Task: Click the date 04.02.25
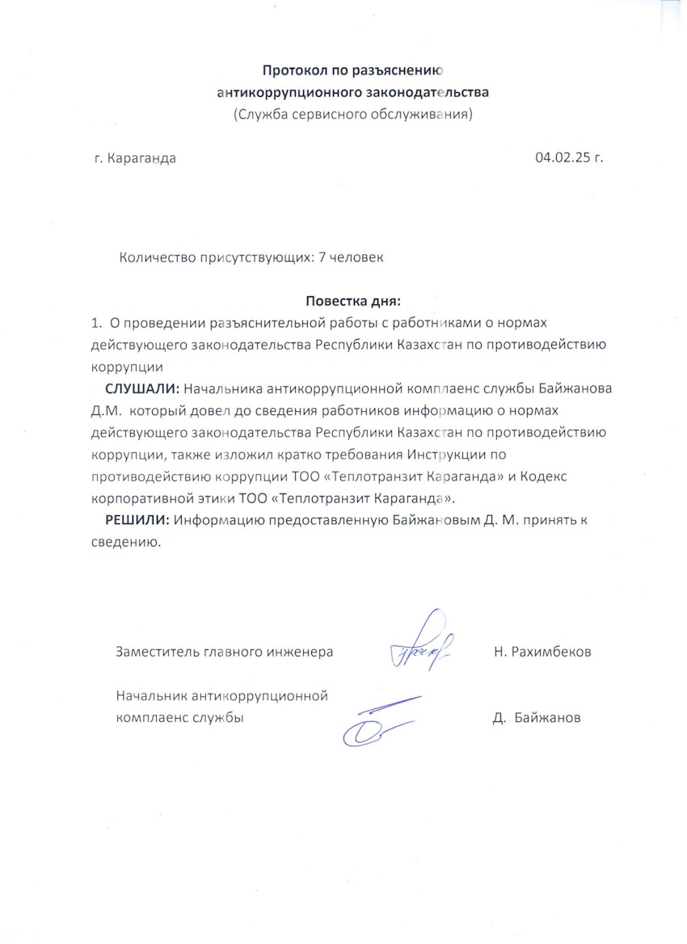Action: (559, 157)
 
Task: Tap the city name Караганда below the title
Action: (141, 157)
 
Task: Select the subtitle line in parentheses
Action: (352, 114)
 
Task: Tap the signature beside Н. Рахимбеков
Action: (421, 644)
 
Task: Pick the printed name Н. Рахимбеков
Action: (542, 651)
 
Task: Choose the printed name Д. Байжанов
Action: (537, 717)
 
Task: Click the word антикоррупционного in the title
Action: (283, 92)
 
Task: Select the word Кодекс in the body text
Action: (545, 476)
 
